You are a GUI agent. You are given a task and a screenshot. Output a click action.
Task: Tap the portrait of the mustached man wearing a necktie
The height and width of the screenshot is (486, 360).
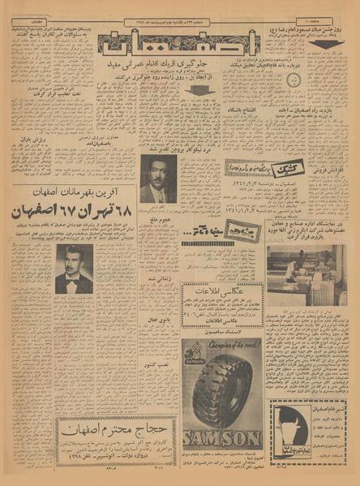[x=157, y=178]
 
